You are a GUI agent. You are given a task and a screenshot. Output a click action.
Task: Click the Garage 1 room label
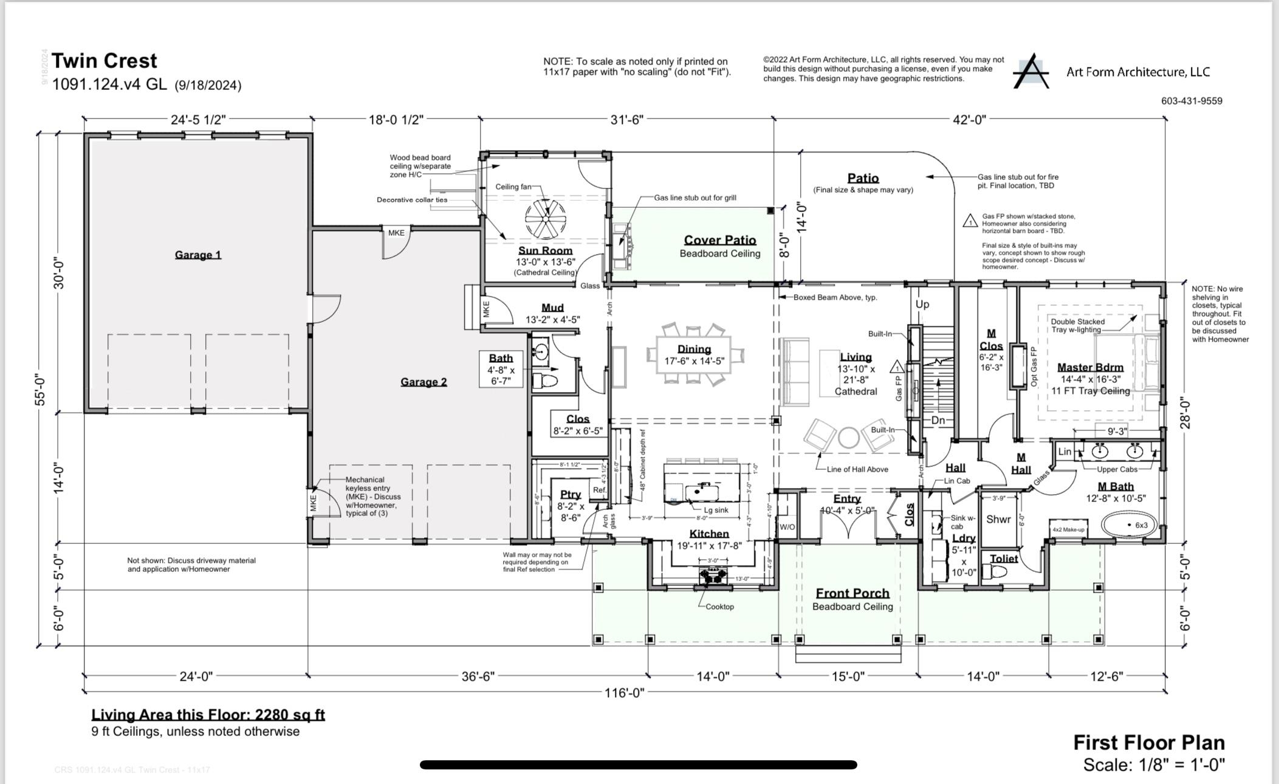point(198,255)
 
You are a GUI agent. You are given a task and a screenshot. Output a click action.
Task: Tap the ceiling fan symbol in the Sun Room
point(545,219)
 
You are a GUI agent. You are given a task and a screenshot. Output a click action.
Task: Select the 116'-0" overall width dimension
point(624,693)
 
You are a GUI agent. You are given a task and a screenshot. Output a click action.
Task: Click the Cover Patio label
point(720,241)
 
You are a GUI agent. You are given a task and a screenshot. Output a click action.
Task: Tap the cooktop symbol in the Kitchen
point(713,576)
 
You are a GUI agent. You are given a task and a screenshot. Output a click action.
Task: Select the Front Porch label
point(852,593)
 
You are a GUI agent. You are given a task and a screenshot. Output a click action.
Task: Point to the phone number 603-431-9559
point(1192,101)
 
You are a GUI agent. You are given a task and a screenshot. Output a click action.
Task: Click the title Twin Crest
point(105,61)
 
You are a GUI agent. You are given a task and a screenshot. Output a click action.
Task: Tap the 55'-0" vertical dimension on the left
point(40,390)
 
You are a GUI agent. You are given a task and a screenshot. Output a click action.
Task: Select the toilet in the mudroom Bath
point(545,381)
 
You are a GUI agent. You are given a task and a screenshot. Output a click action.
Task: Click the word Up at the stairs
point(922,304)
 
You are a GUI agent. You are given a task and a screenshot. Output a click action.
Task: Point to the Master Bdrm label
point(1090,367)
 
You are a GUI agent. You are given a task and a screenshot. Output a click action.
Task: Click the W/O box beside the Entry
point(787,527)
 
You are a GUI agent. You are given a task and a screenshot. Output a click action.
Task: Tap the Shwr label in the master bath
point(998,519)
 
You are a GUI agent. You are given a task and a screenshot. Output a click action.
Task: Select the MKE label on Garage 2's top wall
point(396,233)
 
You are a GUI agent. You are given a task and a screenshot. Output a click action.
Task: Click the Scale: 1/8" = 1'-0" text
point(1153,765)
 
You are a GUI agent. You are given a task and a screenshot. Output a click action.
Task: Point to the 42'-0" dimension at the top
point(969,120)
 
